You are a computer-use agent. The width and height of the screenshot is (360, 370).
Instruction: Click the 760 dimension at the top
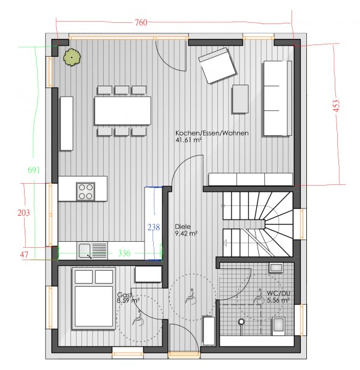click(141, 22)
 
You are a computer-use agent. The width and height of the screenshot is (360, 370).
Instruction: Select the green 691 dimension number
click(34, 170)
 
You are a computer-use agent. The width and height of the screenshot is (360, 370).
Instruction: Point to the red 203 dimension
click(23, 213)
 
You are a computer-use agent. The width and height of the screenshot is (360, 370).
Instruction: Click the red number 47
click(24, 255)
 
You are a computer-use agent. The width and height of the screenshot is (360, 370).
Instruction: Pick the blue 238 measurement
click(154, 227)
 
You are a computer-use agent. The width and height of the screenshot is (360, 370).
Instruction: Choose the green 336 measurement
click(124, 253)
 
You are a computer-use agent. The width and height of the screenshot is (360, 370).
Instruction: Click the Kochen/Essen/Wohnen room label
click(212, 133)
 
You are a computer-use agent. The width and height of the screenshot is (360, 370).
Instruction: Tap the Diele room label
click(183, 227)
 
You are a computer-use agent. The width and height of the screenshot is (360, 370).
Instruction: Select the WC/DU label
click(278, 294)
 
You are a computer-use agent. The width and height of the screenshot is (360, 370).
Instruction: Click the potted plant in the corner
click(72, 57)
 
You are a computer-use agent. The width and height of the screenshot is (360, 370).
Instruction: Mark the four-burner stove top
click(85, 192)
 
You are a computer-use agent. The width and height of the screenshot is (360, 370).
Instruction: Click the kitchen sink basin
click(85, 250)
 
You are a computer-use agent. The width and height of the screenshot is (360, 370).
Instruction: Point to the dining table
click(123, 110)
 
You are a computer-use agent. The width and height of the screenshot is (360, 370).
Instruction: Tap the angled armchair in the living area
click(217, 65)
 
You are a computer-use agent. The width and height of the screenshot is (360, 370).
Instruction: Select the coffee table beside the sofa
click(240, 99)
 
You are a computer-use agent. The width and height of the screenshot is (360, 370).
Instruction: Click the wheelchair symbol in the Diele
click(191, 297)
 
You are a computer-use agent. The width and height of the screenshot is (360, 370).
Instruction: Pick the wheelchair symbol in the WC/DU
click(259, 297)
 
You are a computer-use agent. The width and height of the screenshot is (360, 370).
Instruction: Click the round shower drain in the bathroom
click(241, 321)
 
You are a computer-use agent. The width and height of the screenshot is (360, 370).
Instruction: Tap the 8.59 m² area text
click(128, 301)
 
